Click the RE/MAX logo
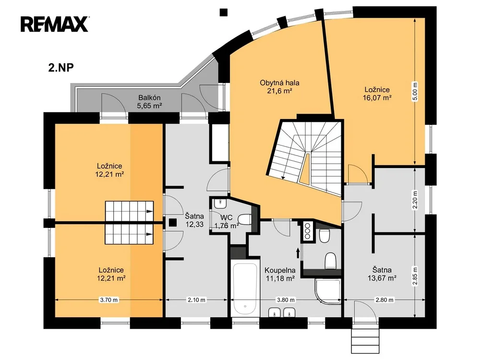click(x=55, y=24)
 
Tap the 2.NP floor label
click(x=61, y=67)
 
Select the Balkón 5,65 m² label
click(x=149, y=102)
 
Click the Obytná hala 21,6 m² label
click(x=279, y=86)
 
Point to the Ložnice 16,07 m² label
click(x=377, y=94)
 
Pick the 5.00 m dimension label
click(x=415, y=92)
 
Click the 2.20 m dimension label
click(x=415, y=200)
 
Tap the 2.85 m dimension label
click(x=415, y=276)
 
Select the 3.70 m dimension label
click(x=108, y=300)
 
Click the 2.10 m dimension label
click(x=196, y=300)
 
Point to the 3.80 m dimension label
click(x=286, y=300)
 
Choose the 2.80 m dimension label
click(x=384, y=300)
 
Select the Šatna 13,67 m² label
click(x=382, y=274)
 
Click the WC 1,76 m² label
click(x=227, y=222)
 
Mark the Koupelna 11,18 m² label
click(x=280, y=274)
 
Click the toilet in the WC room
click(x=244, y=219)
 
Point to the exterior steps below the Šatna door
click(x=365, y=340)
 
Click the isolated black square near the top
click(x=224, y=12)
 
